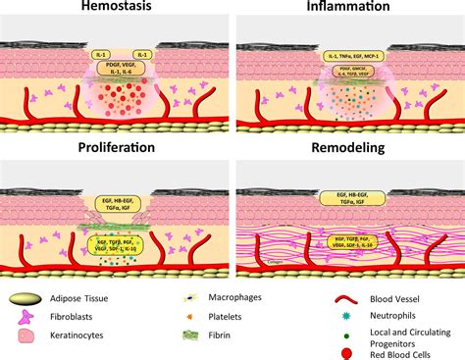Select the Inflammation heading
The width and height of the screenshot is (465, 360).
pos(345,9)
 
